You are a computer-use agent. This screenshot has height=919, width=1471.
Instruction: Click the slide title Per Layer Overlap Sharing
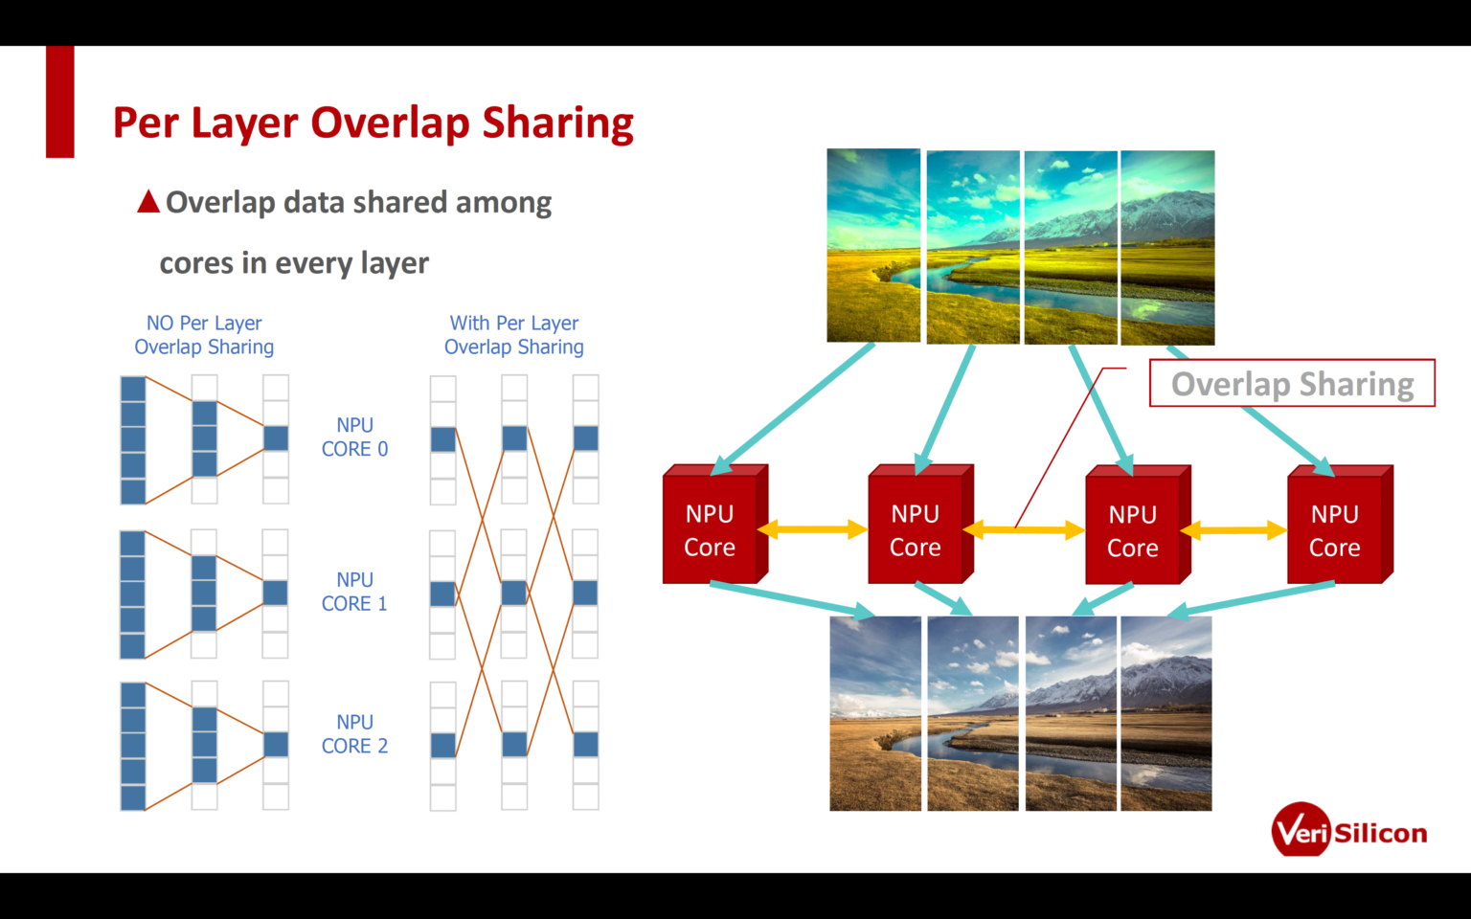[x=373, y=123]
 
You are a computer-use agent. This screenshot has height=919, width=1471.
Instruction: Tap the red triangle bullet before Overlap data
[x=148, y=202]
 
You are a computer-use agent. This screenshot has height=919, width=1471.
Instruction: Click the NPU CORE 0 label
[x=354, y=437]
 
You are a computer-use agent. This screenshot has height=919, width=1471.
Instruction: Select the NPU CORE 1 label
[x=354, y=592]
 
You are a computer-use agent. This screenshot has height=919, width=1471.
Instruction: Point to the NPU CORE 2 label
[x=354, y=734]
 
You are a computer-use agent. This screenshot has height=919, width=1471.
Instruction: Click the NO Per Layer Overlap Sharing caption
[x=204, y=335]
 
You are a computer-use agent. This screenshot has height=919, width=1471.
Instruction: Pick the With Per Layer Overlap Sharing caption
[x=514, y=335]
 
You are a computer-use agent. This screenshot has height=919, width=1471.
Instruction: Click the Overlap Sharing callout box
[x=1291, y=384]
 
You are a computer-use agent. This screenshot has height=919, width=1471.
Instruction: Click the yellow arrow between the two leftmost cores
[x=812, y=529]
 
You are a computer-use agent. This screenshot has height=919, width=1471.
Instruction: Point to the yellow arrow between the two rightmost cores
[x=1233, y=530]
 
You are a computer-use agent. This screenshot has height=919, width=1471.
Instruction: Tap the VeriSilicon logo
[x=1348, y=831]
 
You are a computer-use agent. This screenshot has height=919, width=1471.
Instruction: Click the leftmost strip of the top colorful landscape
[x=873, y=245]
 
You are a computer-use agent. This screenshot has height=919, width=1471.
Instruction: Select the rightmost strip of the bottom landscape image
[x=1165, y=713]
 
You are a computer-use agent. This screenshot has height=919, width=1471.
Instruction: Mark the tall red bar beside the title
[x=60, y=101]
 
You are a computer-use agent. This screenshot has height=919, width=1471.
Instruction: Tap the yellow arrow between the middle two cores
[x=1023, y=529]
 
